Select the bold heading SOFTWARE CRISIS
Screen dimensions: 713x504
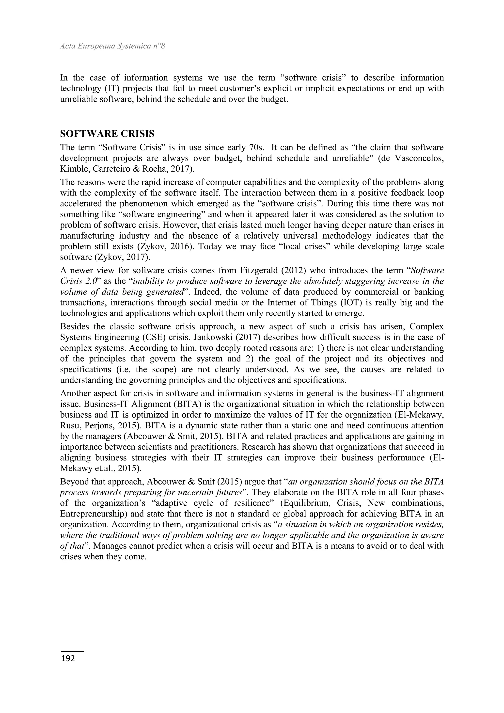click(107, 134)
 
